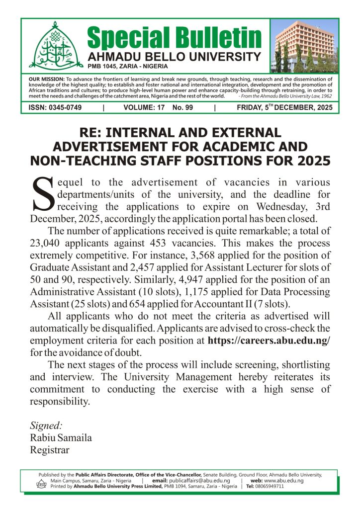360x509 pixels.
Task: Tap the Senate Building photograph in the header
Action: [x=306, y=46]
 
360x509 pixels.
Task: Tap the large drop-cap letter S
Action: [x=43, y=194]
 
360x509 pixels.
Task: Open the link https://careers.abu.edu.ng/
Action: [x=269, y=340]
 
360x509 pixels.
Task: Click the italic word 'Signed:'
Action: [x=46, y=426]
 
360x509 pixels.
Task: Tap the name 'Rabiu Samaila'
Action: [x=61, y=438]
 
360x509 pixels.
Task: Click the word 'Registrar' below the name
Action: [x=50, y=450]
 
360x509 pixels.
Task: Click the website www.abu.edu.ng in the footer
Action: [x=284, y=481]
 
